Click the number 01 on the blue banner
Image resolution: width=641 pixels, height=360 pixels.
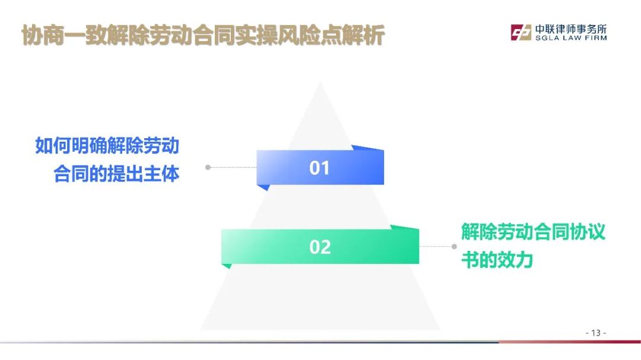coord(319,168)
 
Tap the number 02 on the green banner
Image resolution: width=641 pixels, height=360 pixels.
coord(320,247)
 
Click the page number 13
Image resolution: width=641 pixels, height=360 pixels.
coord(596,333)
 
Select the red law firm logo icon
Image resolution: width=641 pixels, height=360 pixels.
coord(521,32)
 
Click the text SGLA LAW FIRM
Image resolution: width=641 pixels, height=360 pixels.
coord(571,38)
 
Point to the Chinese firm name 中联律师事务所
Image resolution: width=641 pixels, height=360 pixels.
coord(571,29)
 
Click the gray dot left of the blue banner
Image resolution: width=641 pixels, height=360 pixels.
coord(208,167)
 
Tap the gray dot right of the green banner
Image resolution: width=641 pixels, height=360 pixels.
coord(454,246)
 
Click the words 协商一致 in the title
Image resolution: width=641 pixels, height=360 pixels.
coord(64,35)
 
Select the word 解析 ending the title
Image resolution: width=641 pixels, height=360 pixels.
coord(363,35)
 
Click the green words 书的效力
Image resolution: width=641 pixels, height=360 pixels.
coord(497,260)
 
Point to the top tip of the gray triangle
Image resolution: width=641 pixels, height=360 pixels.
coord(320,81)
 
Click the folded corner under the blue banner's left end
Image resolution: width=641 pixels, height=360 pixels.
coord(264,187)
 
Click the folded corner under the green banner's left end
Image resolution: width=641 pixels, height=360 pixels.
coord(227,266)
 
